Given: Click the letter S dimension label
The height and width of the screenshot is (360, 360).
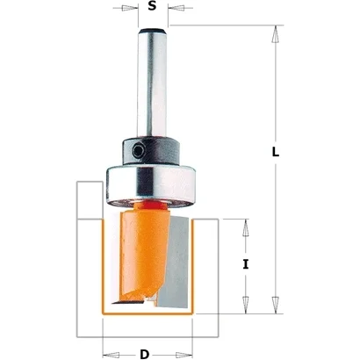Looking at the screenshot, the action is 152,6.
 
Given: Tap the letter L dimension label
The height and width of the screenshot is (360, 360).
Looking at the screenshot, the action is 276,152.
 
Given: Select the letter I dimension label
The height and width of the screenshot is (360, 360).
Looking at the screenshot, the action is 246,264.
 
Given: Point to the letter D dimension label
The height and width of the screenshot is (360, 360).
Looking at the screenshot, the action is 144,355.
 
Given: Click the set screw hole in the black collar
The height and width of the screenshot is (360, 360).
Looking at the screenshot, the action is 137,151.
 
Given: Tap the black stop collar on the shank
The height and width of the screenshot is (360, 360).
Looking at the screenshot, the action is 151,151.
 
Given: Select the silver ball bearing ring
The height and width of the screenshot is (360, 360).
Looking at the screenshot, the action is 151,185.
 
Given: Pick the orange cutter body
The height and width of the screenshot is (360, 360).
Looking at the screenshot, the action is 143,253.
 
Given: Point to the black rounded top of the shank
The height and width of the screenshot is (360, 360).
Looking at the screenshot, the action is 152,31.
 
